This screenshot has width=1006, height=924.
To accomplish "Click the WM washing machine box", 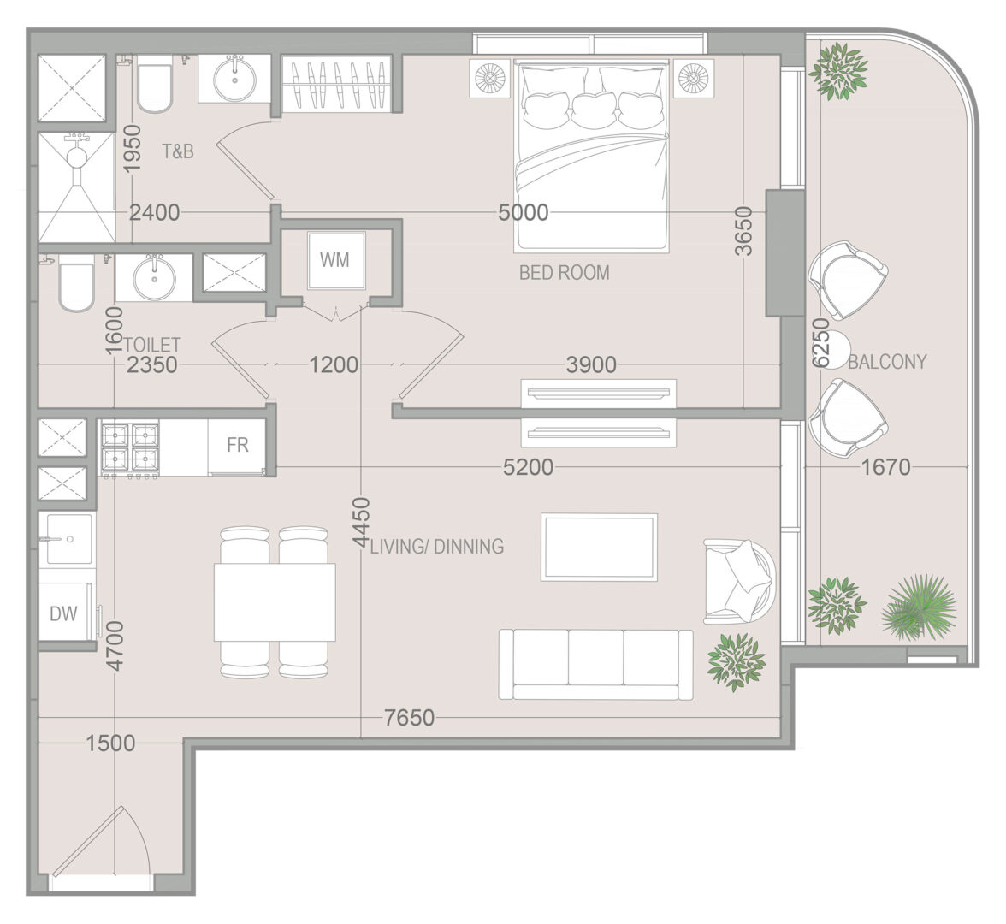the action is tap(335, 260).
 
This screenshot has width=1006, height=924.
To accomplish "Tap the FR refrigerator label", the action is tap(238, 445).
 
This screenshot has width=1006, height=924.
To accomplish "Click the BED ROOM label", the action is tap(564, 273).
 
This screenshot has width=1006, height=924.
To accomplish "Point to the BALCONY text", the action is tap(887, 362).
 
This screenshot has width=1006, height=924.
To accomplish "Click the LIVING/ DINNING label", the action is tap(437, 547).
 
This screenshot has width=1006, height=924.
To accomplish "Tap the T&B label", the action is tap(178, 151).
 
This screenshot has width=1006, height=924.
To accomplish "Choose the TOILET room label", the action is tap(152, 346).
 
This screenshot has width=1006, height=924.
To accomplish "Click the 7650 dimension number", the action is tap(409, 717).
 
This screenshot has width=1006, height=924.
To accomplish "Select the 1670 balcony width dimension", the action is tap(885, 467).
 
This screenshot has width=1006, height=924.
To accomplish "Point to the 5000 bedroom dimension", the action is tap(524, 212).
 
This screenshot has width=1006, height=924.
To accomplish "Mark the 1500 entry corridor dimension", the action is tap(111, 743).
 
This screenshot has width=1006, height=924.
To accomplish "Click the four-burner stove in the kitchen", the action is tap(130, 448).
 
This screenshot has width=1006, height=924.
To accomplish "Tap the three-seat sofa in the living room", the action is tap(596, 665).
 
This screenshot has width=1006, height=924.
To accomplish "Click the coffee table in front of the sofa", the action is tap(599, 548).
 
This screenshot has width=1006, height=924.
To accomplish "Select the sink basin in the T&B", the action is tap(234, 79).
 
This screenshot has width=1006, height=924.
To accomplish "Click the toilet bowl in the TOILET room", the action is tap(76, 284).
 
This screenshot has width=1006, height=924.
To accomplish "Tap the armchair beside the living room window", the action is tap(740, 582).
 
